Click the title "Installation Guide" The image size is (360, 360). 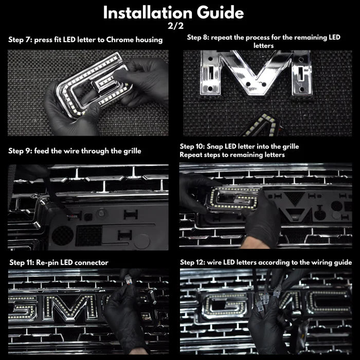click(x=173, y=12)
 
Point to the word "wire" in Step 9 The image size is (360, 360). click(x=66, y=151)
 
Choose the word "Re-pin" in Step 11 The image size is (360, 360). click(x=48, y=263)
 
